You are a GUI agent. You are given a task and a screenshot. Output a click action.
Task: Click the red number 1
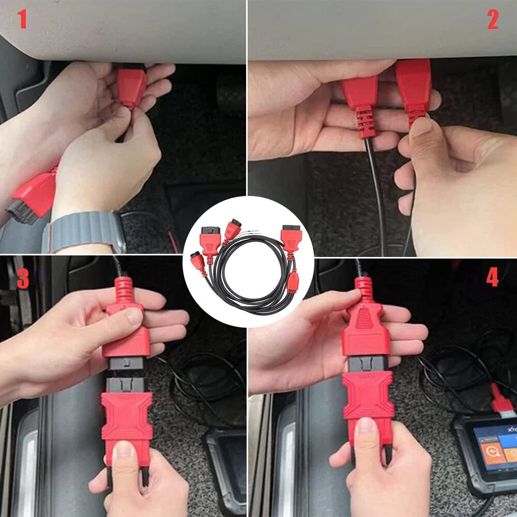point(22,20)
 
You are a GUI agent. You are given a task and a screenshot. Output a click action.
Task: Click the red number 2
point(493,20)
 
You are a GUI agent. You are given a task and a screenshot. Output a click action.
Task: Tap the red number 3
point(23,278)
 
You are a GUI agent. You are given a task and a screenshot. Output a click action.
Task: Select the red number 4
point(492,278)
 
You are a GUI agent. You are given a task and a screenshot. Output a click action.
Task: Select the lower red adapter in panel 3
point(127,419)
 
